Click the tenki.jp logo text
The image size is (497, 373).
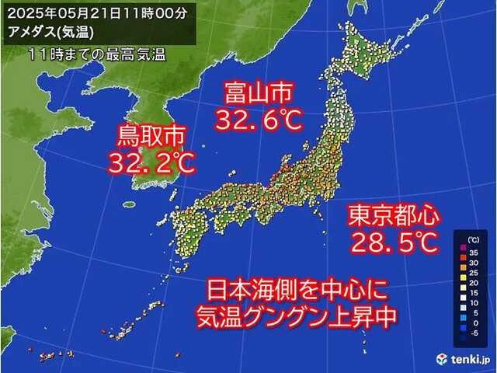click(x=466, y=359)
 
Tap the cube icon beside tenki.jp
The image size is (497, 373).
click(x=442, y=358)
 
